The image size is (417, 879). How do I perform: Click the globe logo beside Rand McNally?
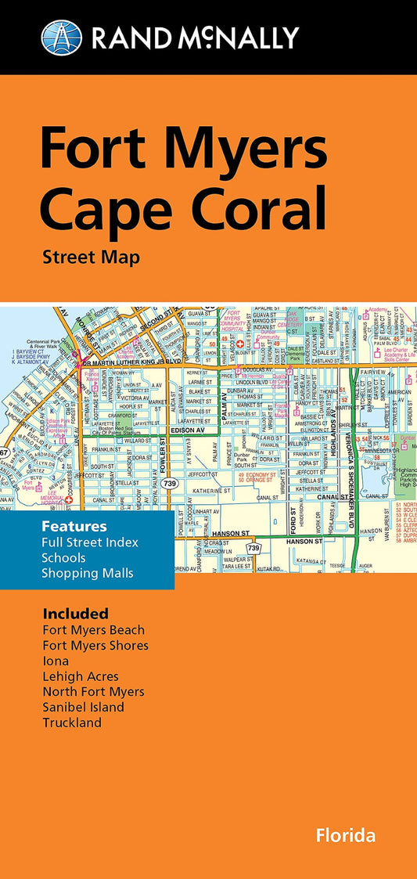pyautogui.click(x=61, y=37)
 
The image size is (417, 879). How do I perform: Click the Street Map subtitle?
pyautogui.click(x=92, y=257)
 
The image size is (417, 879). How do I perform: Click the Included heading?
pyautogui.click(x=76, y=613)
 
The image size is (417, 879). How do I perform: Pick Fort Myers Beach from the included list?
pyautogui.click(x=94, y=629)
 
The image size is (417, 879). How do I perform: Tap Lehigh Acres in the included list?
pyautogui.click(x=81, y=676)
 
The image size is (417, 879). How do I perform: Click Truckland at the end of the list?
pyautogui.click(x=73, y=722)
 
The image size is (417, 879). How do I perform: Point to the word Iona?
pyautogui.click(x=57, y=661)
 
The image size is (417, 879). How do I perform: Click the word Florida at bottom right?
pyautogui.click(x=346, y=835)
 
